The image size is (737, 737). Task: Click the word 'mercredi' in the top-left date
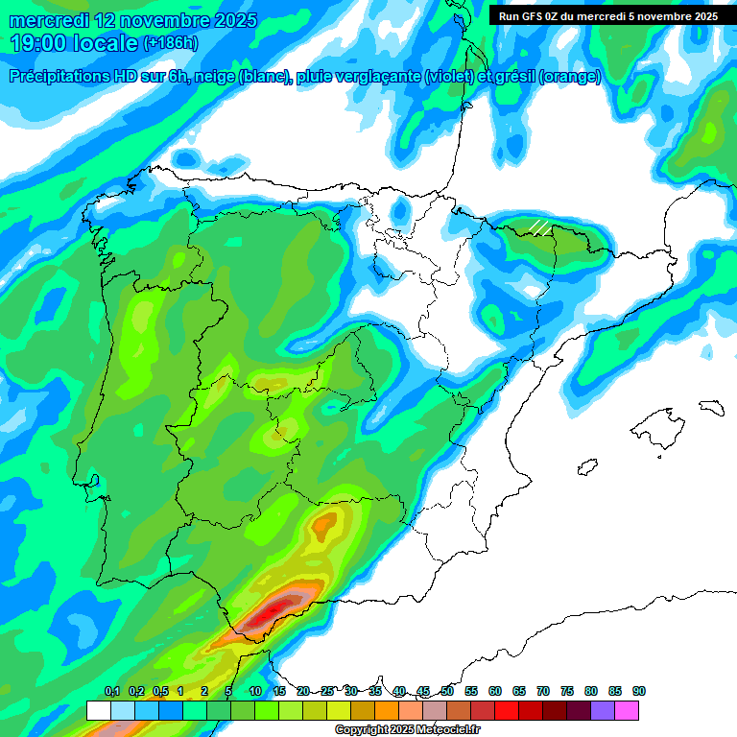[49, 20]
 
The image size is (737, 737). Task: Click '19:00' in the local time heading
[38, 43]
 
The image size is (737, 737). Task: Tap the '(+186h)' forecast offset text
[170, 43]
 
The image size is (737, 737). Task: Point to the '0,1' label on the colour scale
[111, 691]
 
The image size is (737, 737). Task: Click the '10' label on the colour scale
[254, 691]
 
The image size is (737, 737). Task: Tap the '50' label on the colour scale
[446, 691]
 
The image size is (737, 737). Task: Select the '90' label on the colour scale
[638, 691]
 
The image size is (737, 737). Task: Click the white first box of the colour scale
[98, 710]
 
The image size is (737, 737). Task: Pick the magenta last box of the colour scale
[627, 710]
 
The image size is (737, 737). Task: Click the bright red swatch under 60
[507, 710]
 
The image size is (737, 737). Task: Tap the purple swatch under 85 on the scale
[603, 710]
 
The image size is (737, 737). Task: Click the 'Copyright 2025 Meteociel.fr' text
[408, 730]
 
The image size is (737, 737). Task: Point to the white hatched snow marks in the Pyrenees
[540, 227]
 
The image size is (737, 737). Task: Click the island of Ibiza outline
[587, 466]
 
